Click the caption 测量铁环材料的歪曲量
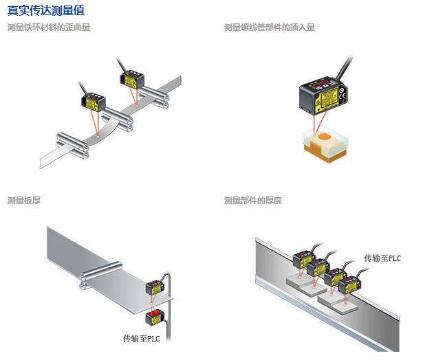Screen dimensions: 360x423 [x=49, y=27]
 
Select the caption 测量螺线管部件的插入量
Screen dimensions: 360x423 [x=270, y=27]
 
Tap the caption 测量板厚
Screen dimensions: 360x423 [x=24, y=200]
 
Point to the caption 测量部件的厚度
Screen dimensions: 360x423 [x=253, y=200]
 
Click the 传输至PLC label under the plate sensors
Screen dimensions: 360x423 [x=142, y=338]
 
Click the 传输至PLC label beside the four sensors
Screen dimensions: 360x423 [x=382, y=258]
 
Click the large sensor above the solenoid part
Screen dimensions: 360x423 [x=322, y=94]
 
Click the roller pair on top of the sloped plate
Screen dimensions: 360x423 [x=100, y=272]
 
